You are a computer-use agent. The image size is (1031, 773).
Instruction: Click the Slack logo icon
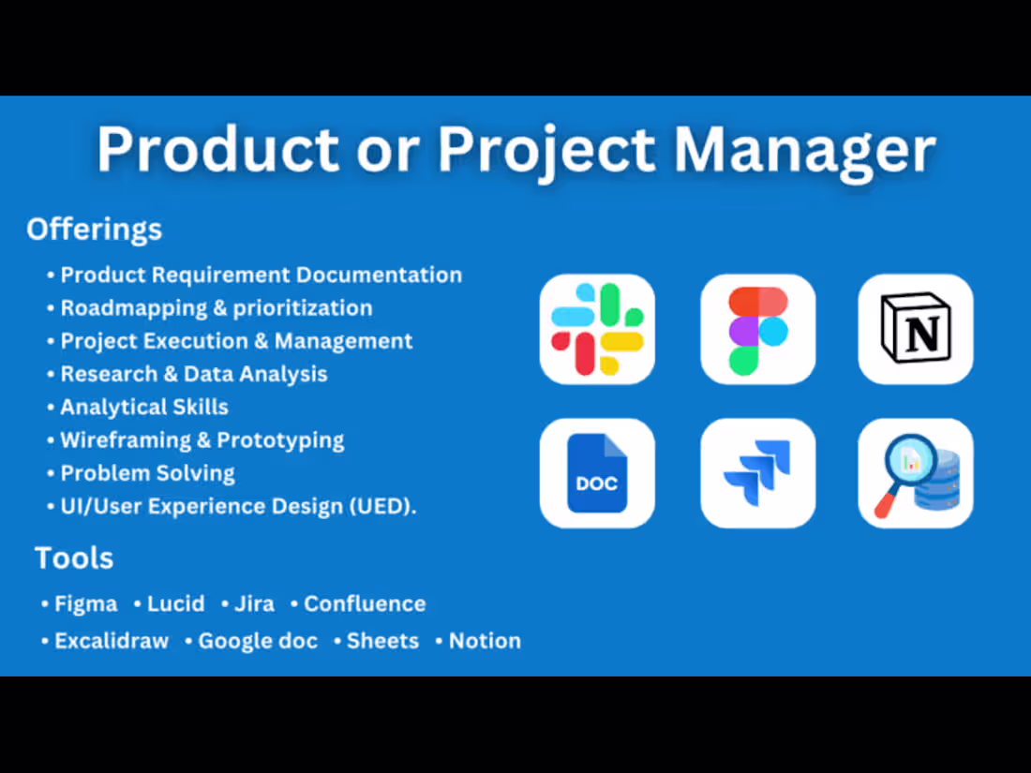(597, 329)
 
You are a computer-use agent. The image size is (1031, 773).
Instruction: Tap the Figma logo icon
(757, 329)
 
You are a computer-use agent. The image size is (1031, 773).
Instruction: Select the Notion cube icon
(916, 329)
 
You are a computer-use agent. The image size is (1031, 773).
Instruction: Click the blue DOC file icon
(597, 473)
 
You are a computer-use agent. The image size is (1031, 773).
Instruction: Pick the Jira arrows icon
(757, 473)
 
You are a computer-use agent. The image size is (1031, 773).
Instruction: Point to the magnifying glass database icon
(916, 473)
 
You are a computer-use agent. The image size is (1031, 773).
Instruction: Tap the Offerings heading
(94, 229)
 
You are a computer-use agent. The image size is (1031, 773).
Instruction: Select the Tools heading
(74, 558)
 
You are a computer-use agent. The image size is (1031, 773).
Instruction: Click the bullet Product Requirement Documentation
(261, 275)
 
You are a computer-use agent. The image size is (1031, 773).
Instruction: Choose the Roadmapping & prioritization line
(216, 308)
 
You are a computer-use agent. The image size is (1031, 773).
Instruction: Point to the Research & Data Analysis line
(194, 374)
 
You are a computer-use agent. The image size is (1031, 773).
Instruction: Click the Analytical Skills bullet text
(144, 407)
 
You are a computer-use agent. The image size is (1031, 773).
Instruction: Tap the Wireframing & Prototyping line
(202, 439)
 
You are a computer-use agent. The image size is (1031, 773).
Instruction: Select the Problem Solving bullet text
(147, 473)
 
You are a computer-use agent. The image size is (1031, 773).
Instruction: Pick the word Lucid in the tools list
(175, 604)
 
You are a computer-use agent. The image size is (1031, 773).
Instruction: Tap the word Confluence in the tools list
(365, 604)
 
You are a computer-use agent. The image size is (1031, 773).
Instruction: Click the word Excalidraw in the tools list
(112, 641)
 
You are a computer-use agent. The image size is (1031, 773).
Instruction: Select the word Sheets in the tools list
(382, 641)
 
